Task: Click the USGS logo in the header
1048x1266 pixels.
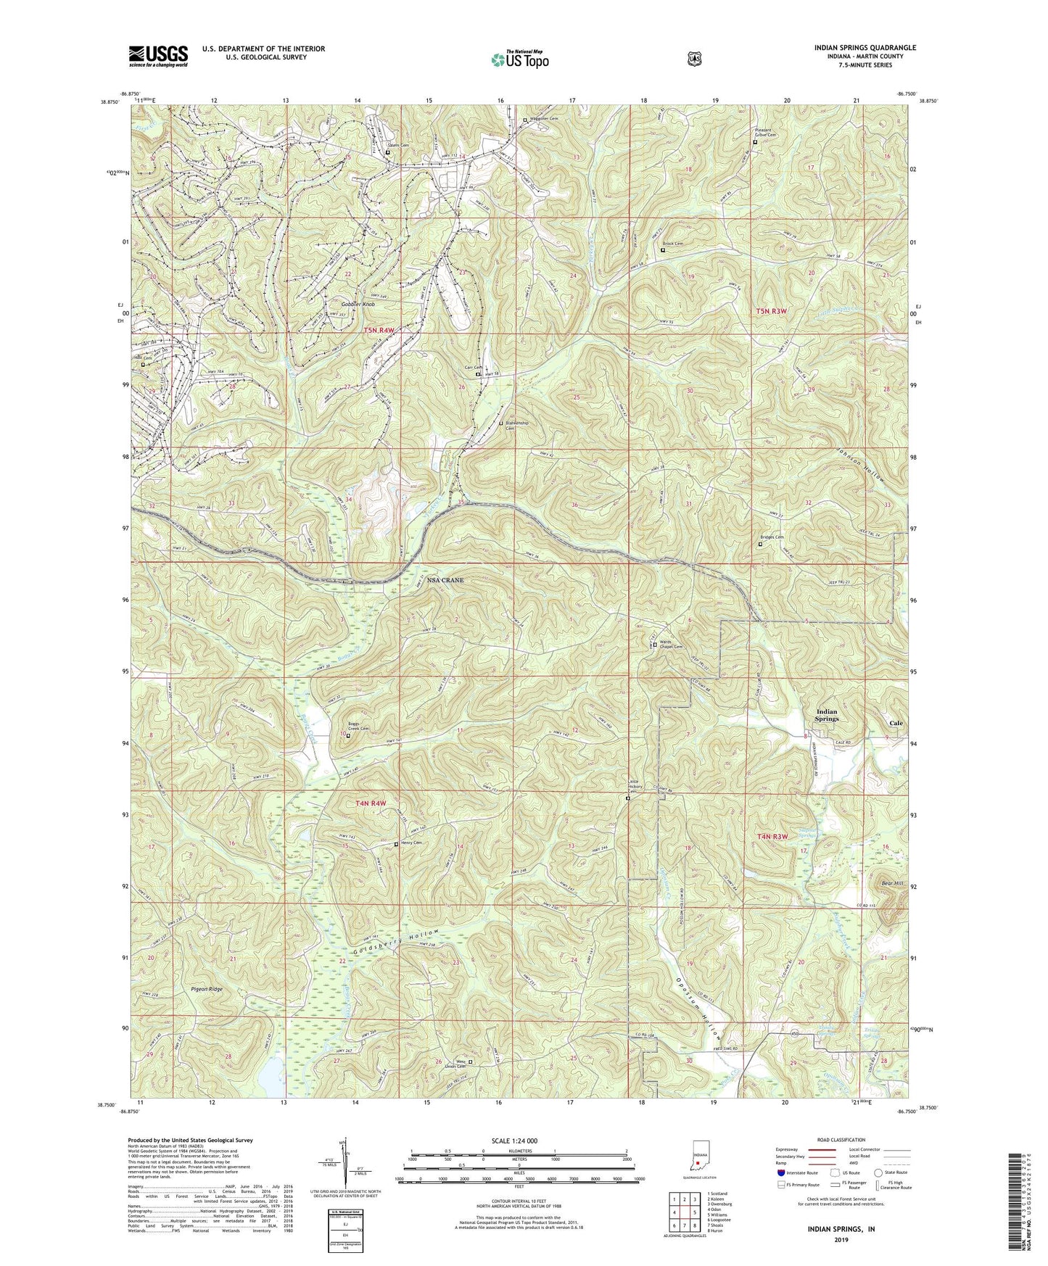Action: pos(158,56)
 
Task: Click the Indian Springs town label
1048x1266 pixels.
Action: pos(827,715)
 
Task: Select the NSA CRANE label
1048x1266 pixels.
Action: pos(445,581)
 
